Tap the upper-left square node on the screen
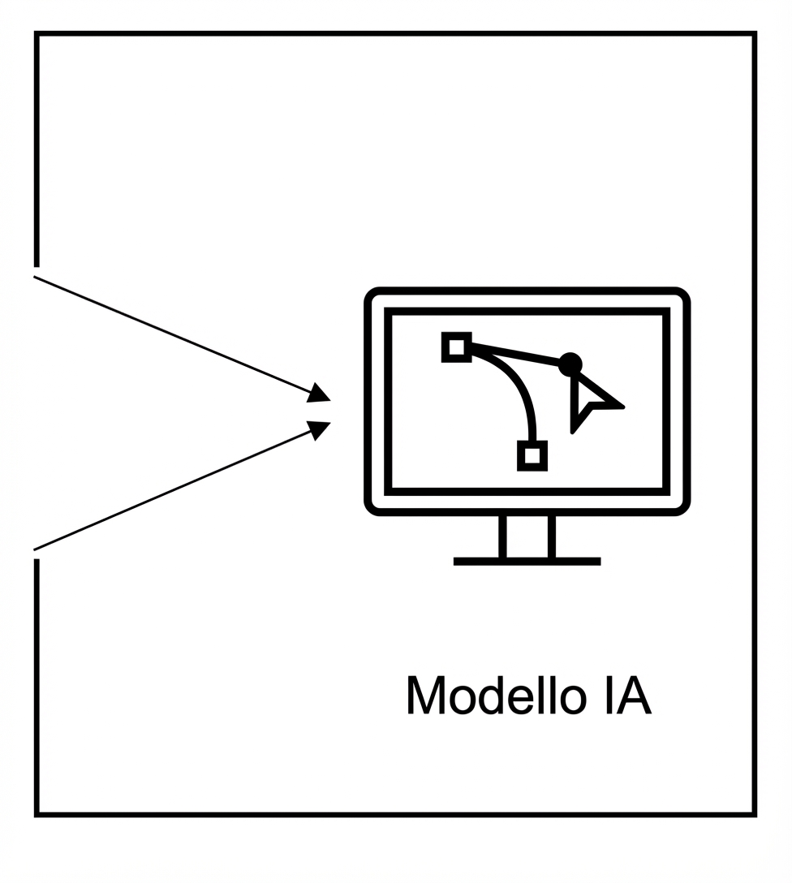[457, 347]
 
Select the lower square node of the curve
[532, 455]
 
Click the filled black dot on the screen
[570, 364]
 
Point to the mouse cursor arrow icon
[592, 401]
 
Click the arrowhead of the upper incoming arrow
[319, 393]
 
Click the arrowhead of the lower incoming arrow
[319, 429]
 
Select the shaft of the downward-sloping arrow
[170, 334]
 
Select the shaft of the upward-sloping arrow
[170, 491]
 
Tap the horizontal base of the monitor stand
[527, 561]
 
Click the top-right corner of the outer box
[754, 34]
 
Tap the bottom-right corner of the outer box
[754, 813]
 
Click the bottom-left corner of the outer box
[37, 813]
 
